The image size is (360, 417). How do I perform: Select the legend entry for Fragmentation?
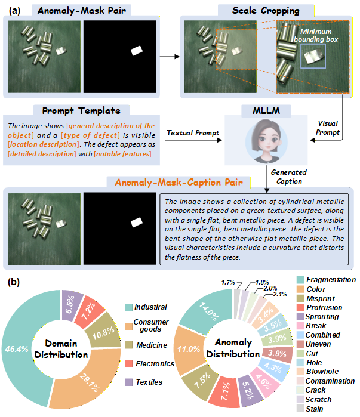[x=330, y=279]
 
